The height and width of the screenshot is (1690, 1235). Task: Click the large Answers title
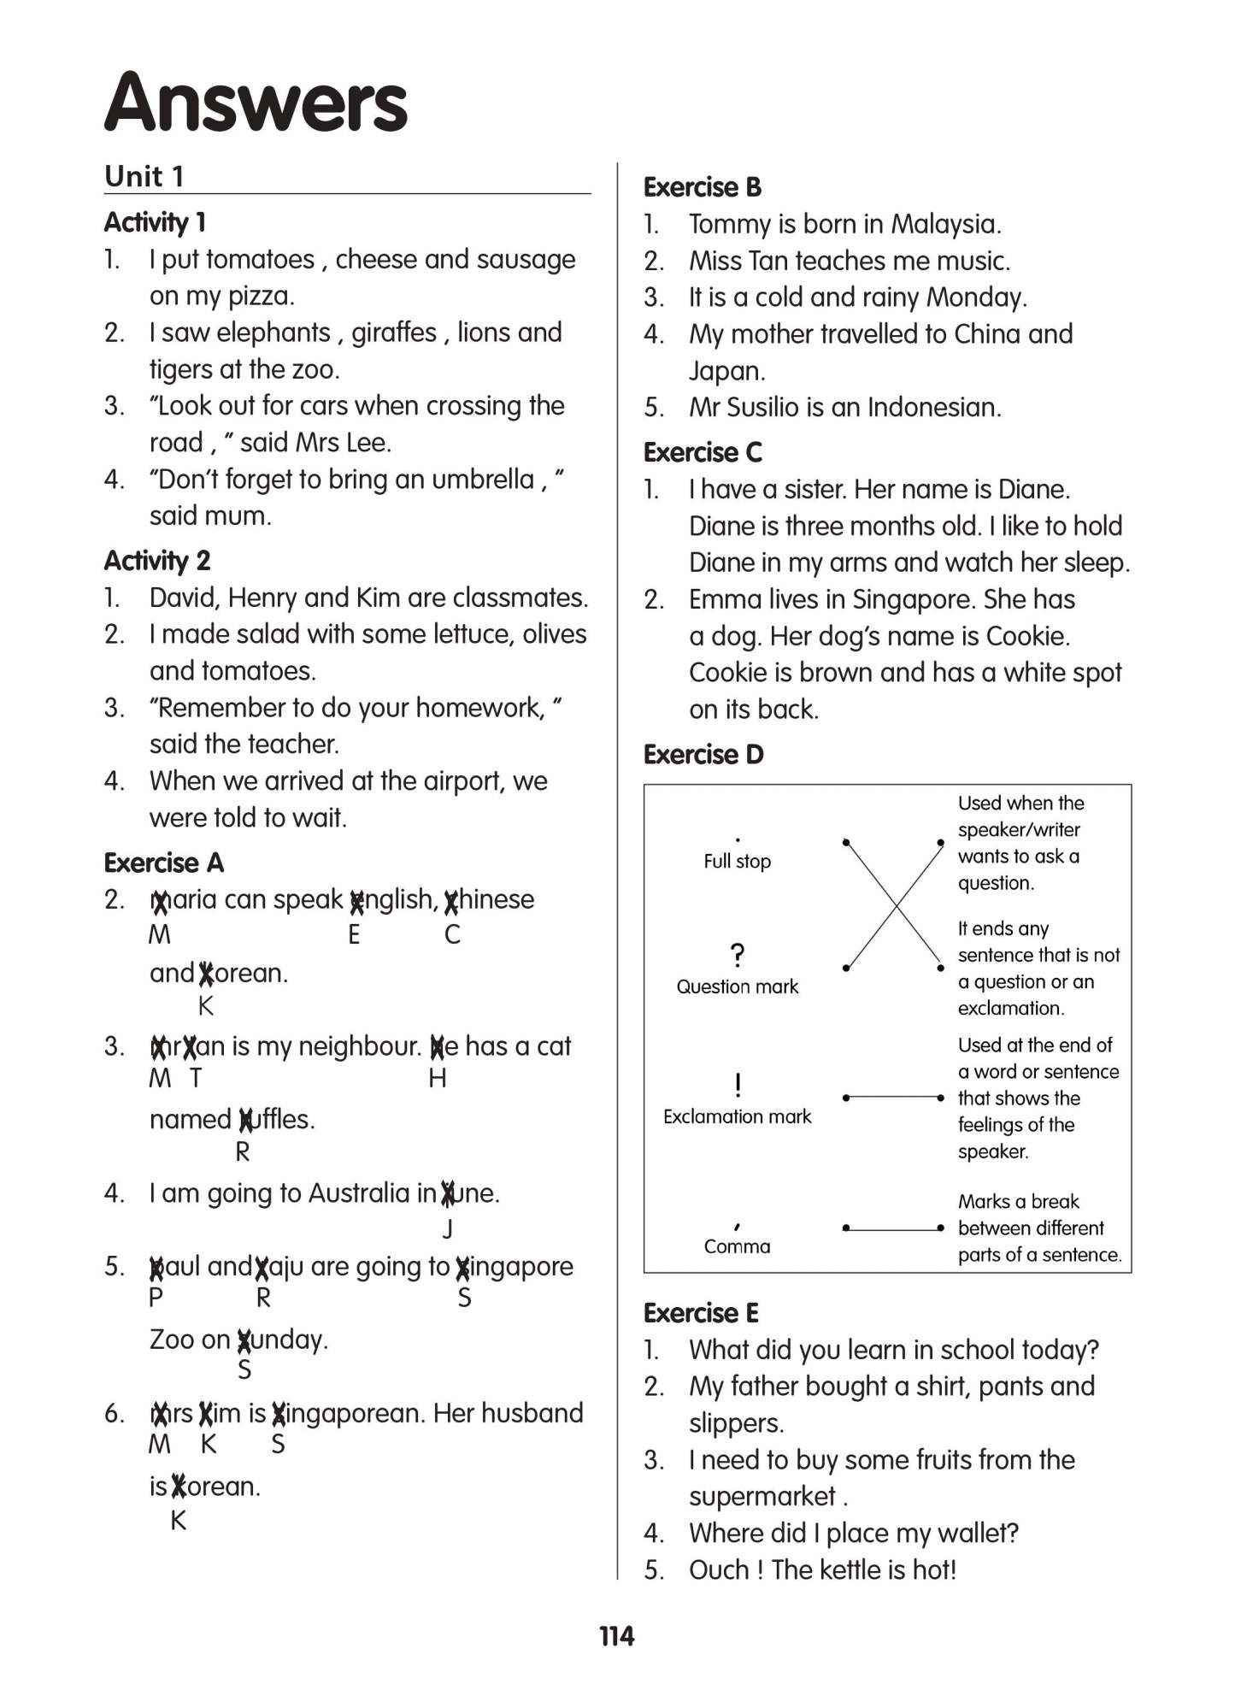[x=256, y=103]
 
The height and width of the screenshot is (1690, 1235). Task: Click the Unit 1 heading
[x=144, y=176]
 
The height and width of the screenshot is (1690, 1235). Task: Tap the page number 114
[x=616, y=1636]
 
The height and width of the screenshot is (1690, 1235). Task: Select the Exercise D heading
[x=703, y=754]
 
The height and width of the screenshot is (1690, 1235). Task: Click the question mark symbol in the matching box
[x=738, y=954]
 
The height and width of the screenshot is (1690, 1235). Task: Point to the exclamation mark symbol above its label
[x=738, y=1085]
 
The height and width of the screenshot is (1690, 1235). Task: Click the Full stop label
[x=737, y=861]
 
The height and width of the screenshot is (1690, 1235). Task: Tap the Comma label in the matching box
[x=737, y=1245]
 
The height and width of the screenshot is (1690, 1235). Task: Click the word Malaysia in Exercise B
[x=944, y=224]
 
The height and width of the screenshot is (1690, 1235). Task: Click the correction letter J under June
[x=448, y=1228]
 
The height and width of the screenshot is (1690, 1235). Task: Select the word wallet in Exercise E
[x=977, y=1533]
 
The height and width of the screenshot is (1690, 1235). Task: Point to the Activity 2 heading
[x=157, y=561]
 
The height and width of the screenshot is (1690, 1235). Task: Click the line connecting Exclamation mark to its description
[x=892, y=1097]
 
